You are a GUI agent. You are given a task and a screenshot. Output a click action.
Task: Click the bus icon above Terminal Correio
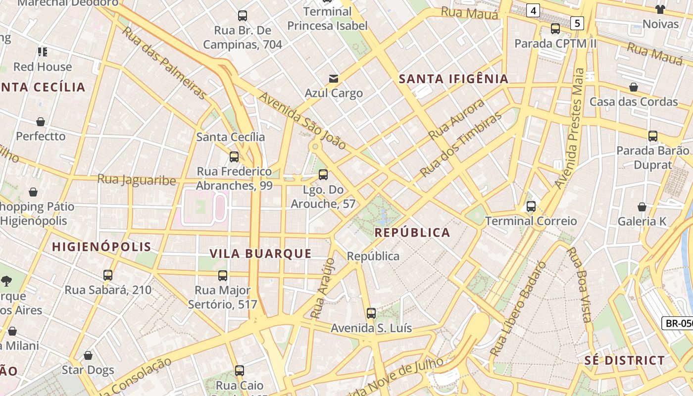[531, 206]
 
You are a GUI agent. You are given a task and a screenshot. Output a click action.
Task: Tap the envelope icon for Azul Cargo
[334, 78]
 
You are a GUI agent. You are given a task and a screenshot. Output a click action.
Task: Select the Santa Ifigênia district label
[453, 79]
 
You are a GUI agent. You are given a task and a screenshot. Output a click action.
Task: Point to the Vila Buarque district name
[260, 253]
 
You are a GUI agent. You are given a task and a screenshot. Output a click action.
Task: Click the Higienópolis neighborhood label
[101, 247]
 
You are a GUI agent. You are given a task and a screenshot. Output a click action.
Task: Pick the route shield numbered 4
[533, 10]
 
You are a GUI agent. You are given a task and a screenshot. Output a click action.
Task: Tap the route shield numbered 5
[577, 23]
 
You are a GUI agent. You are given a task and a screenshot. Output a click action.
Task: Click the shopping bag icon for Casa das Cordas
[633, 87]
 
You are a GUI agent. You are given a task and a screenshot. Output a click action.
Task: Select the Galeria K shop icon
[642, 207]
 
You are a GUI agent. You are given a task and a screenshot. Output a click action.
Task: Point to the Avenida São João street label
[302, 120]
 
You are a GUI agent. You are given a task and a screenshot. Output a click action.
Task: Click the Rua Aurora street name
[456, 119]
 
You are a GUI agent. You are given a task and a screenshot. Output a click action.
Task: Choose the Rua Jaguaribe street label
[137, 180]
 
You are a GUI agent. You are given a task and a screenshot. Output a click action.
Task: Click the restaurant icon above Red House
[42, 52]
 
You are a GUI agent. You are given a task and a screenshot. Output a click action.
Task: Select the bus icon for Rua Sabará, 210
[108, 275]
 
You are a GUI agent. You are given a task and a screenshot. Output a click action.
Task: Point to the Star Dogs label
[88, 370]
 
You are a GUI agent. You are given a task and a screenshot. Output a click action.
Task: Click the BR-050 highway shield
[678, 323]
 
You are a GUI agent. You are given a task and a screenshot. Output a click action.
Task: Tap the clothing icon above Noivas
[660, 9]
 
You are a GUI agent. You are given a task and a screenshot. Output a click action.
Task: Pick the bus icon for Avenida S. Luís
[371, 313]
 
